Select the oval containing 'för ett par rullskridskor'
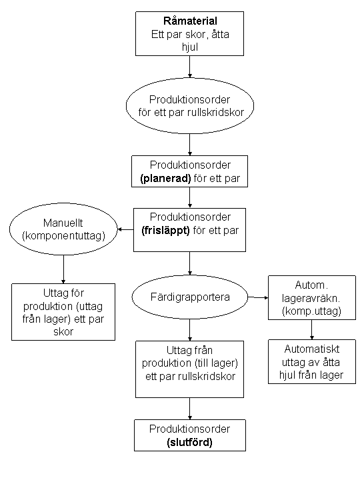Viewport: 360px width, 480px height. (x=190, y=105)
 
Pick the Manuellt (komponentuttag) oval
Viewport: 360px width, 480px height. (x=63, y=229)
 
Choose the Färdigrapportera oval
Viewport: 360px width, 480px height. (x=190, y=296)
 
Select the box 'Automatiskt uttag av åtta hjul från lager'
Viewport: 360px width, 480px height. (x=311, y=363)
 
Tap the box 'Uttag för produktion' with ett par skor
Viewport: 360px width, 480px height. (x=63, y=312)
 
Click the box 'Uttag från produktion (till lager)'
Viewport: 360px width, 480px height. (x=190, y=364)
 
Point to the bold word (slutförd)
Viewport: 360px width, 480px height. (x=190, y=441)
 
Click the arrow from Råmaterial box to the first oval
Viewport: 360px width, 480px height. (x=190, y=67)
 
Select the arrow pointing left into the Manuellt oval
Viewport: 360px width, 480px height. (x=125, y=230)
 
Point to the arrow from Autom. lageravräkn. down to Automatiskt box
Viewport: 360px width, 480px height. (x=311, y=329)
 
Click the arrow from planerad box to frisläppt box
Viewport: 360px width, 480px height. (x=190, y=198)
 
